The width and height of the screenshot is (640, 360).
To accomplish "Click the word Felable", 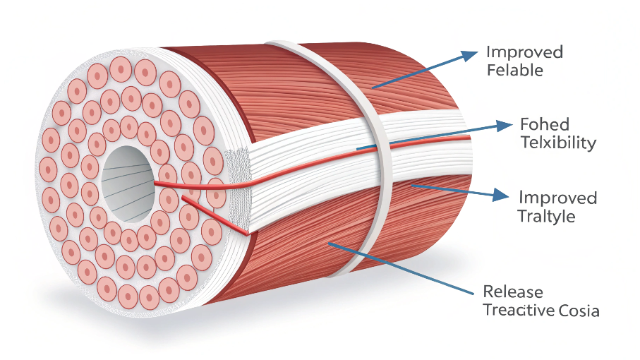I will pos(514,71).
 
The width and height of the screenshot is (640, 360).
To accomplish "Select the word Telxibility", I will pos(558,143).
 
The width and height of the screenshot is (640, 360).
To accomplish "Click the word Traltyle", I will pos(546,215).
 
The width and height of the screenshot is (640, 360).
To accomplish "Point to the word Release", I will pos(513,292).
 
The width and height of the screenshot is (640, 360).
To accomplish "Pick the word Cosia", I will pos(581,310).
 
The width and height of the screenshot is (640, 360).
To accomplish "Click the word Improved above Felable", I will pos(524,52).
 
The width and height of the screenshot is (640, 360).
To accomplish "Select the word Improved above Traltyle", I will pos(557,198).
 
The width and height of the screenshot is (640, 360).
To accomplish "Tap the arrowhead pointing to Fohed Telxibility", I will pos(503,126).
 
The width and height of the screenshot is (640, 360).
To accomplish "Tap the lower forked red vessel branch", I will pos(219,215).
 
